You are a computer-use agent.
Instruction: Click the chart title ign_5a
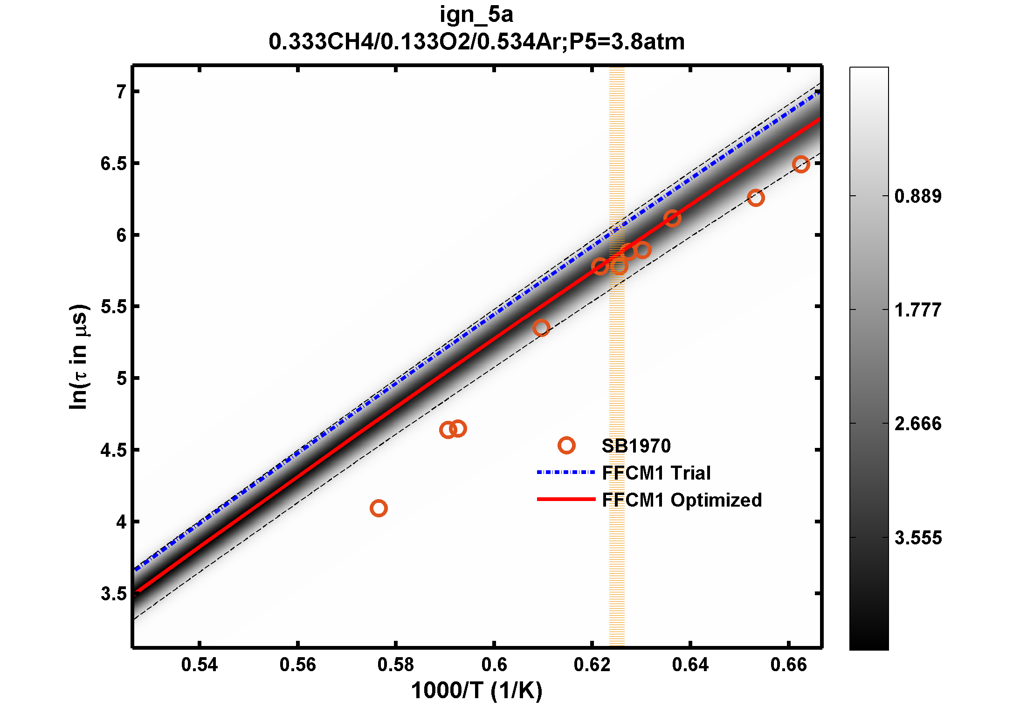click(x=476, y=15)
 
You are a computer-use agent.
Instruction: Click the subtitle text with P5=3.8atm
click(x=476, y=42)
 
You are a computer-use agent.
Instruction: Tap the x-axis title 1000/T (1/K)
click(x=476, y=690)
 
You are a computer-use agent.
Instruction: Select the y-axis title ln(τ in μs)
click(x=78, y=357)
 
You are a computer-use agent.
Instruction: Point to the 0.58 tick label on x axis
click(x=395, y=665)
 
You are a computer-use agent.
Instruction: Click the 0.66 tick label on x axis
click(x=788, y=665)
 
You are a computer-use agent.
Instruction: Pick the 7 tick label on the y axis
click(x=122, y=92)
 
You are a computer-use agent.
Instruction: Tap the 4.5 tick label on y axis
click(x=114, y=450)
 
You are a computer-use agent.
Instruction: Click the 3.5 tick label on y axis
click(x=114, y=594)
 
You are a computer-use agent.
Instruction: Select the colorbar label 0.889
click(x=918, y=196)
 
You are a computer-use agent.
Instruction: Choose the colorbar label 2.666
click(x=918, y=424)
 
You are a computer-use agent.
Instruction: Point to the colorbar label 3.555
click(x=918, y=538)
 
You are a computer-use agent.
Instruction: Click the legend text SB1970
click(x=636, y=446)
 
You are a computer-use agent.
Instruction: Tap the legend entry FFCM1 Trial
click(x=656, y=473)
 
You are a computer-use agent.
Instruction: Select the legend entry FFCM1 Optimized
click(x=682, y=500)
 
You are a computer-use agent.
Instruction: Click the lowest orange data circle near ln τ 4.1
click(x=379, y=508)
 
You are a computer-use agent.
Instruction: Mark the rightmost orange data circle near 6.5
click(x=801, y=164)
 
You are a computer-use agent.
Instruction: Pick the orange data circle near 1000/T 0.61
click(x=541, y=328)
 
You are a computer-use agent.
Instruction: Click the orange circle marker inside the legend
click(x=566, y=446)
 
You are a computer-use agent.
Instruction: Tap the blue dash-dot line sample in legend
click(x=566, y=473)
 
